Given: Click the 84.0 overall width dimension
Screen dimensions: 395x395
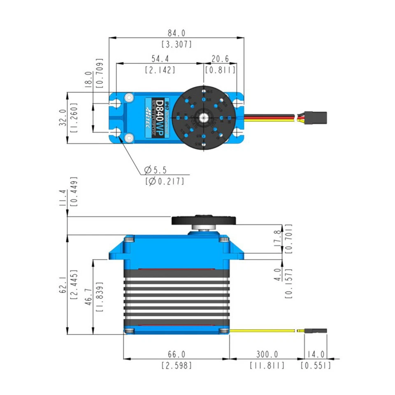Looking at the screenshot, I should point(177,33).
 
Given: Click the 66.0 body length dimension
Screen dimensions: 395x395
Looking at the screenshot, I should point(177,354).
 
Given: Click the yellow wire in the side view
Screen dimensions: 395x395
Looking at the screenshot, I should point(263,330).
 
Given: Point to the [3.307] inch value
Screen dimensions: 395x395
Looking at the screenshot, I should point(177,44).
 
